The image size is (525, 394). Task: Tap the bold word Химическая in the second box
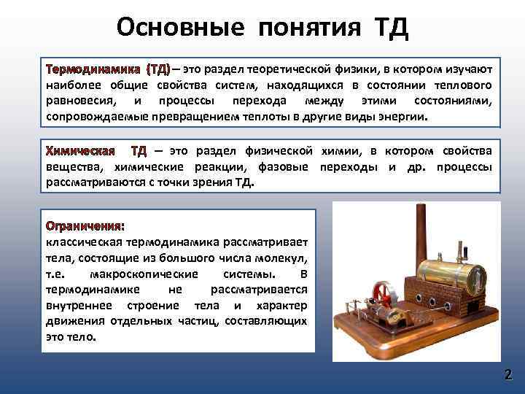pos(80,151)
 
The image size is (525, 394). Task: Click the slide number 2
pos(507,375)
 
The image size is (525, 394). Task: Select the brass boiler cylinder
pos(452,281)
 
